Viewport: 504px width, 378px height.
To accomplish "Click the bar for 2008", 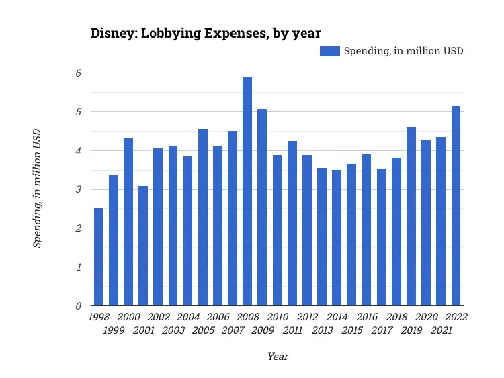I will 247,191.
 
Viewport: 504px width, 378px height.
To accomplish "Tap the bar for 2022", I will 456,206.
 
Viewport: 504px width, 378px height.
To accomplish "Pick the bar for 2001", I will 143,246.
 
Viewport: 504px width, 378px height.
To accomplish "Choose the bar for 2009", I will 262,207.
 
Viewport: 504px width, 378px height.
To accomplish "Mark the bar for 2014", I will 337,238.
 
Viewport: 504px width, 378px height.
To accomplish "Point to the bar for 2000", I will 128,222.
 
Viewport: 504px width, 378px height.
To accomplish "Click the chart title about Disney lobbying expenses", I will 206,34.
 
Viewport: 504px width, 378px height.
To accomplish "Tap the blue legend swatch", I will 329,51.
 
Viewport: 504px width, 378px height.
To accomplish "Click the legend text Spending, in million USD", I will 403,51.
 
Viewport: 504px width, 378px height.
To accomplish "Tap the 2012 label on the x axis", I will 307,317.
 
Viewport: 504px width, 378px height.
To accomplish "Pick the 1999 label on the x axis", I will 114,330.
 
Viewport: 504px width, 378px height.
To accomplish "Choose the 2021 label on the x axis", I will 441,330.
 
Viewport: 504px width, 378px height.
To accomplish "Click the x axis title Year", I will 278,357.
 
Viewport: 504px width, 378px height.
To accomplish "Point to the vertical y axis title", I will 38,189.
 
